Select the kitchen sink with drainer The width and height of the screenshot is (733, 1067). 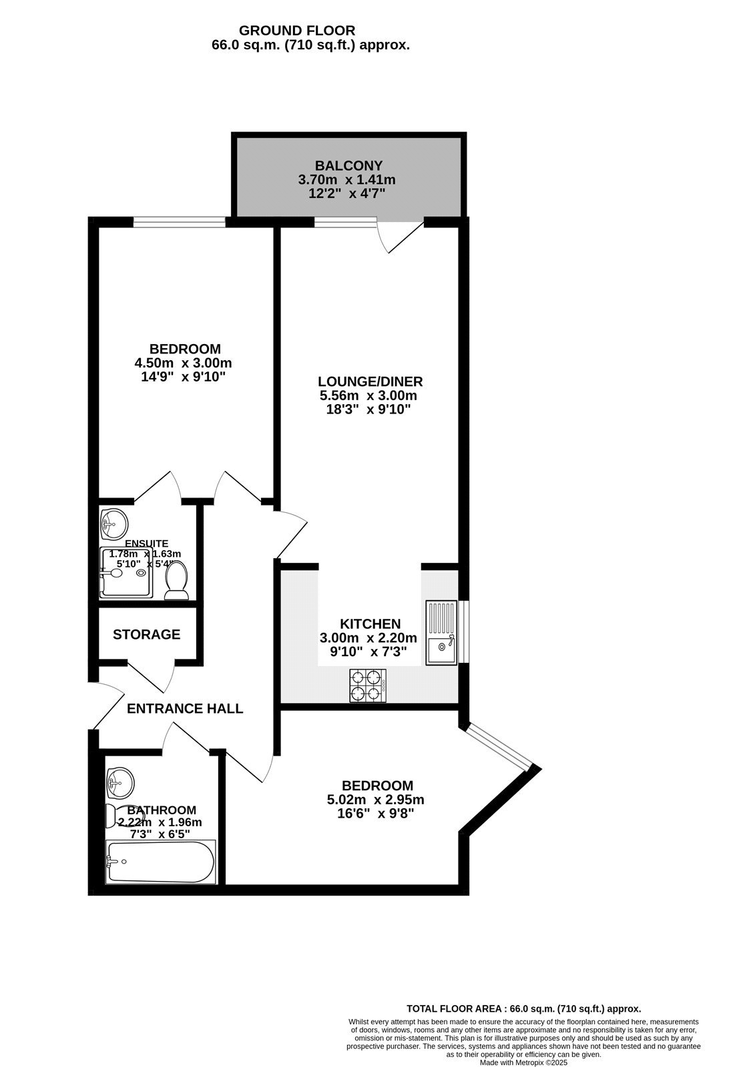[441, 632]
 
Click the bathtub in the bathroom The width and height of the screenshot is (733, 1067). [161, 862]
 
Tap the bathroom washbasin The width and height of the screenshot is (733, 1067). [120, 782]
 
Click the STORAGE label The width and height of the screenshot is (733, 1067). [146, 634]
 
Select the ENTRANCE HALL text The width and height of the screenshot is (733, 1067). [185, 708]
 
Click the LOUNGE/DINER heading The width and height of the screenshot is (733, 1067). [370, 381]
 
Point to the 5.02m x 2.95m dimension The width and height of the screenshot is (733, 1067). [377, 800]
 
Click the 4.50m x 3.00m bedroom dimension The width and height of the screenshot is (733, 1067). [183, 363]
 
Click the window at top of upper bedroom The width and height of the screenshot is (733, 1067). [179, 223]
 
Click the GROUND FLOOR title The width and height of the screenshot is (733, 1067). [297, 31]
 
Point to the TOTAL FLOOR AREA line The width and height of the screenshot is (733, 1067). [523, 1009]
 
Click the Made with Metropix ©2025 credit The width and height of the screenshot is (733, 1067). [523, 1063]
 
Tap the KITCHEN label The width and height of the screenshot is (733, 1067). [370, 624]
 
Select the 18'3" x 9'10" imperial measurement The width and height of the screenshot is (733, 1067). [368, 409]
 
